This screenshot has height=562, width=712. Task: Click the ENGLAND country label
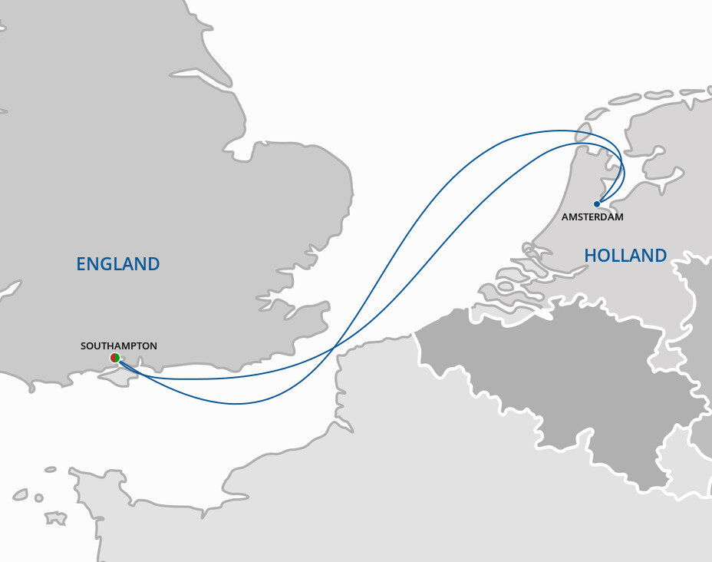tap(117, 264)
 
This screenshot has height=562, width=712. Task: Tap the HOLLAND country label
tap(625, 256)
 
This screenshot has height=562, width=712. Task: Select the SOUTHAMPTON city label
tap(119, 346)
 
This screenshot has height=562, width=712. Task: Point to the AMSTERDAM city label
tap(592, 217)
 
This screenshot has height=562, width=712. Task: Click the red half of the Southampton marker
tap(112, 358)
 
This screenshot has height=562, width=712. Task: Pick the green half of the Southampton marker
tap(117, 358)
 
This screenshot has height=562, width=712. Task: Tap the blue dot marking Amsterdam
tap(597, 203)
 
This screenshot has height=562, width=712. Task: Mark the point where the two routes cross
tap(334, 351)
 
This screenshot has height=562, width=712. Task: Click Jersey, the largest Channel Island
tap(54, 518)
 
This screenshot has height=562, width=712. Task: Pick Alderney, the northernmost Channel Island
tap(51, 469)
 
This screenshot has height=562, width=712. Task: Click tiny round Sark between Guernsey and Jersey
tap(35, 498)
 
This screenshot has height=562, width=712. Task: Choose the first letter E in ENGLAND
tap(81, 264)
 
